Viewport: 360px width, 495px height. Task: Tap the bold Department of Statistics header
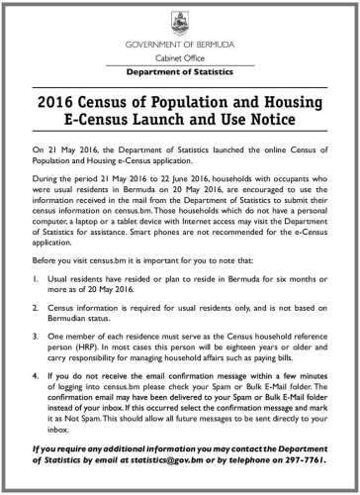[x=179, y=74]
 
